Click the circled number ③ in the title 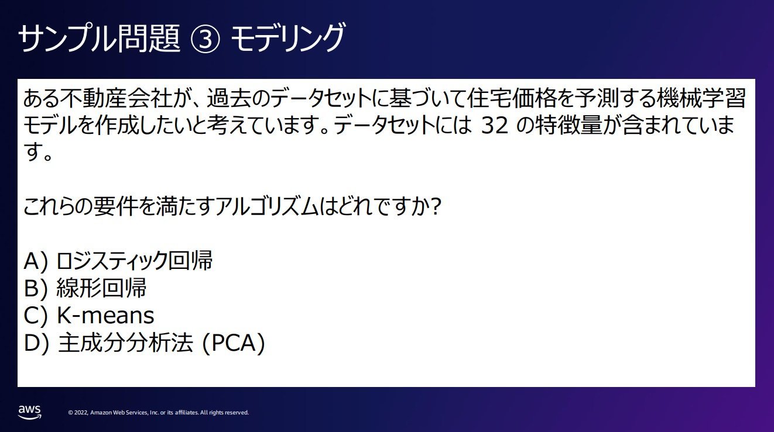pyautogui.click(x=205, y=39)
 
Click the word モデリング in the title pyautogui.click(x=287, y=38)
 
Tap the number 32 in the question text pyautogui.click(x=495, y=126)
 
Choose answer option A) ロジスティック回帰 pyautogui.click(x=118, y=261)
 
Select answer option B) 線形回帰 pyautogui.click(x=85, y=288)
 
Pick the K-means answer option pyautogui.click(x=89, y=315)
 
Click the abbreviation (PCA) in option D pyautogui.click(x=234, y=343)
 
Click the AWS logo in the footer pyautogui.click(x=30, y=412)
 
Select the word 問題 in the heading pyautogui.click(x=149, y=39)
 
